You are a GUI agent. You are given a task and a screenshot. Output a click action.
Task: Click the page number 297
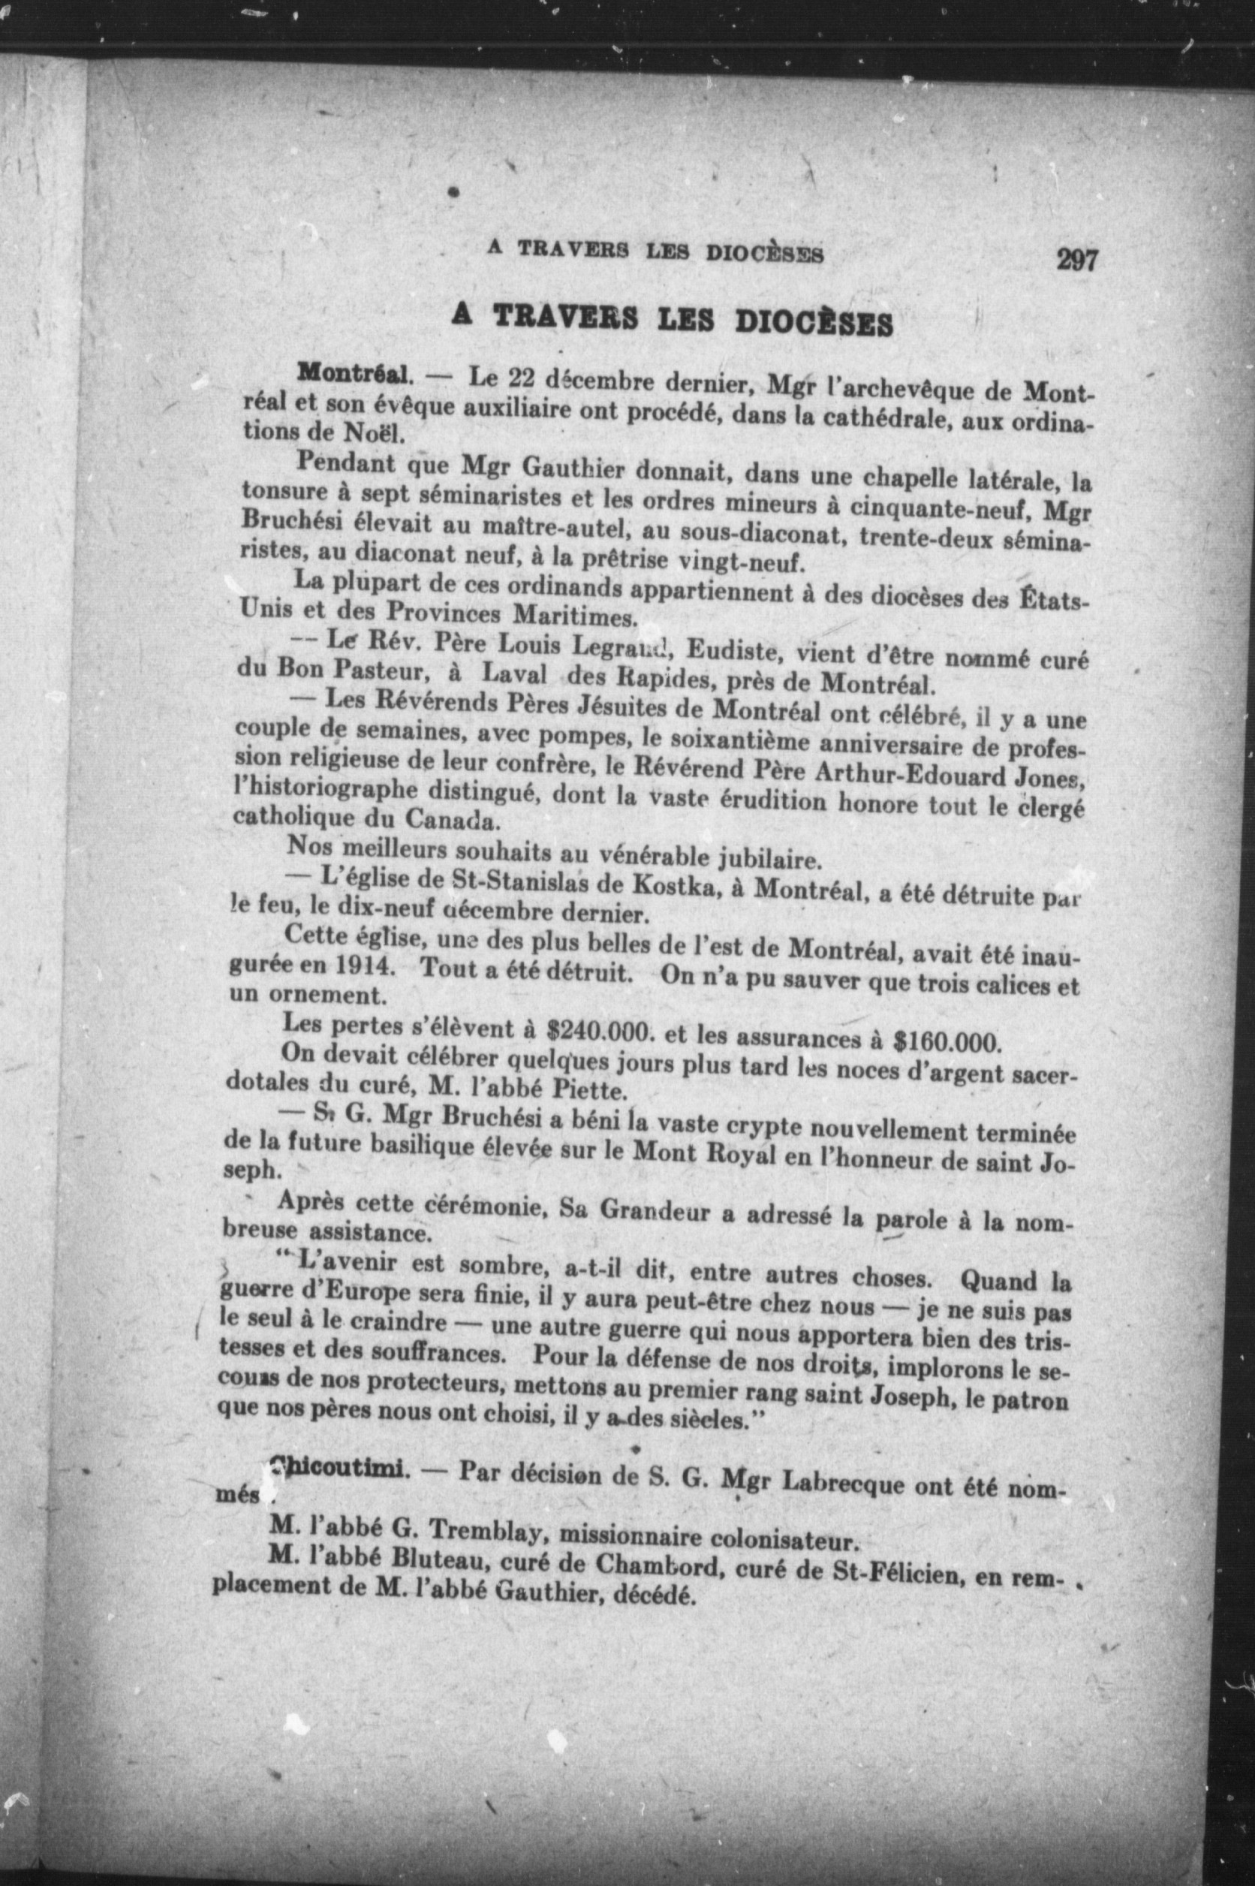coord(1076,261)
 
